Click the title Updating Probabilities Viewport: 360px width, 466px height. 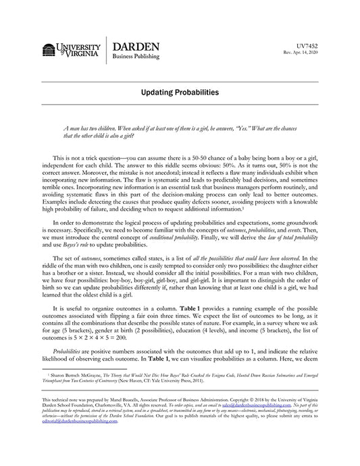click(x=180, y=91)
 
